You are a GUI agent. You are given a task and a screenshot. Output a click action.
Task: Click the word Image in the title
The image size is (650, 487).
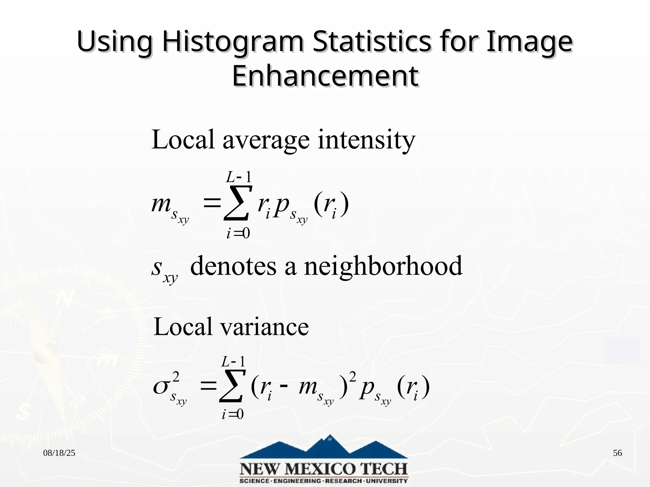pyautogui.click(x=529, y=43)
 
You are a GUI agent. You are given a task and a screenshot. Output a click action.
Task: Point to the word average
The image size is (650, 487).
pyautogui.click(x=266, y=140)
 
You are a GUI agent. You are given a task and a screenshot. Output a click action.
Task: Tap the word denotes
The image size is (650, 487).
pyautogui.click(x=233, y=266)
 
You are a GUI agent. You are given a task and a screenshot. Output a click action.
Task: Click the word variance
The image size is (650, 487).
pyautogui.click(x=264, y=327)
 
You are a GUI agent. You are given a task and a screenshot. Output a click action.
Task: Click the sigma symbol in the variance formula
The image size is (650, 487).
pyautogui.click(x=162, y=387)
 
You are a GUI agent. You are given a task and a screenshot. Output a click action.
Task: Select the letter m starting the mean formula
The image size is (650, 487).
pyautogui.click(x=161, y=205)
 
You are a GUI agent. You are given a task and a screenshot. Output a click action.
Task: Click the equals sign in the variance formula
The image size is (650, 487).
pyautogui.click(x=208, y=386)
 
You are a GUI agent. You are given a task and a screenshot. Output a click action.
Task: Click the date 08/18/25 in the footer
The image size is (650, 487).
pyautogui.click(x=59, y=453)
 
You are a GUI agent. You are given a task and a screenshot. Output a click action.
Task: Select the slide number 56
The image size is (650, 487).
pyautogui.click(x=617, y=453)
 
